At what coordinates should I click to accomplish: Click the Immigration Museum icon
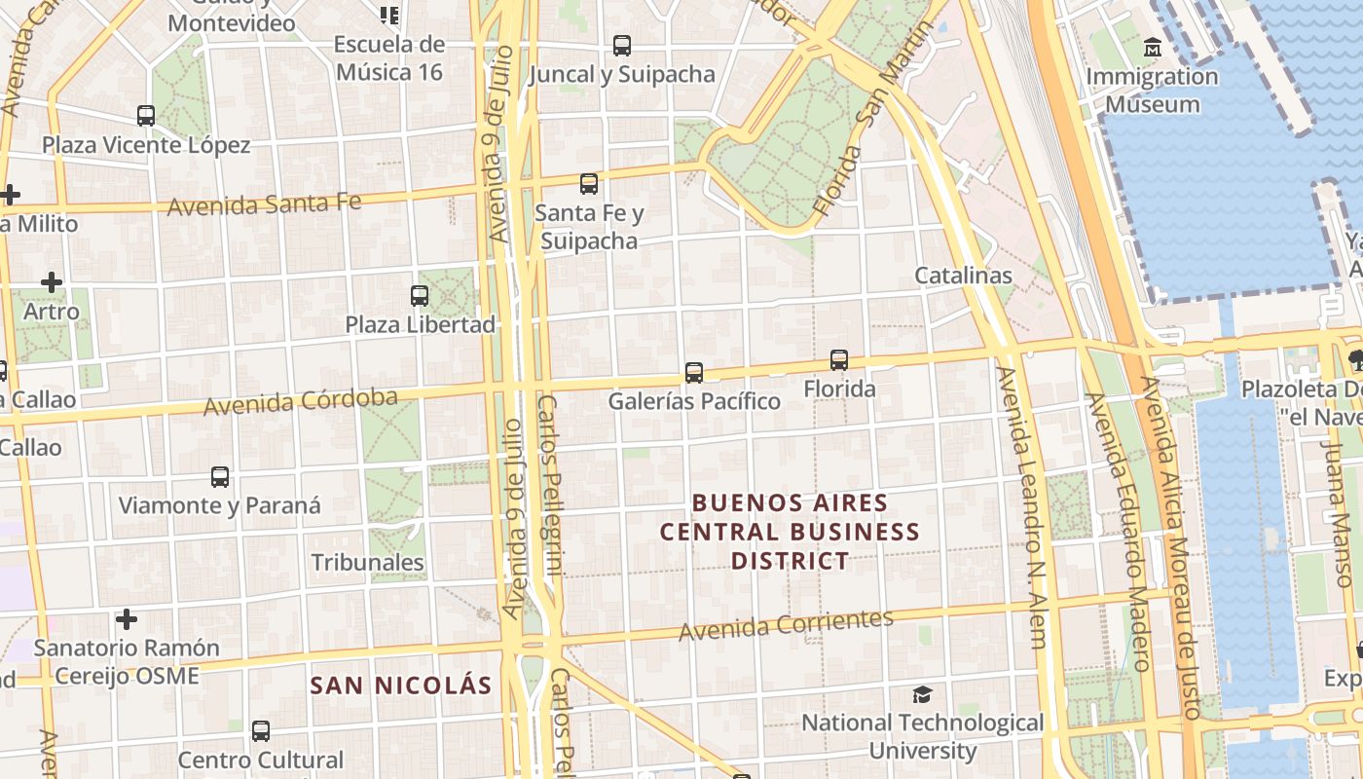tap(1153, 47)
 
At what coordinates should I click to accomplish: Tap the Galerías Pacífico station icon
tap(694, 372)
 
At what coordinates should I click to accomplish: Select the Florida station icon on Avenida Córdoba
tap(839, 360)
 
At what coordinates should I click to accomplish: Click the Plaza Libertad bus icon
tap(420, 295)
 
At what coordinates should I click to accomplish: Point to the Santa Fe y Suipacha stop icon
tap(589, 183)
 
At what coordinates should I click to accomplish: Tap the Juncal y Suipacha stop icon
tap(621, 45)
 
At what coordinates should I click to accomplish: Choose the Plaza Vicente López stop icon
tap(146, 116)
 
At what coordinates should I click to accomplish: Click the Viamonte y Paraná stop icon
tap(220, 477)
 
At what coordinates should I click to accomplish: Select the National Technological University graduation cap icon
tap(922, 694)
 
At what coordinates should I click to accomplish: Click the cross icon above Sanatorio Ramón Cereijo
tap(126, 619)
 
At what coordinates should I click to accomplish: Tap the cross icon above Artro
tap(52, 283)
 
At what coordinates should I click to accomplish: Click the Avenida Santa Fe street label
tap(264, 204)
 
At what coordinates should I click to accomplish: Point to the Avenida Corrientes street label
tap(786, 625)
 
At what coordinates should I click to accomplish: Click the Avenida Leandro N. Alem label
tap(1020, 506)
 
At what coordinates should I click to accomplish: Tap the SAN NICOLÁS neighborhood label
tap(401, 686)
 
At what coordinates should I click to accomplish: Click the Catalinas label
tap(963, 276)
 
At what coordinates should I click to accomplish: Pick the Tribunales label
tap(367, 563)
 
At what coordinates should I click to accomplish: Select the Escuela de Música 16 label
tap(389, 58)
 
